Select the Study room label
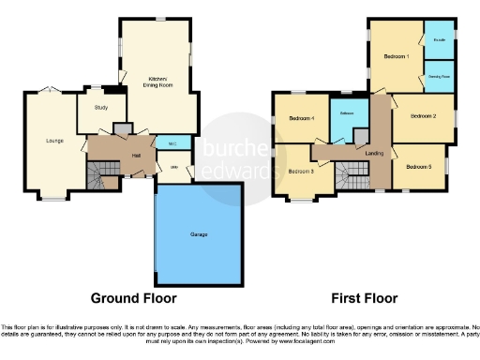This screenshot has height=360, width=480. (x=101, y=106)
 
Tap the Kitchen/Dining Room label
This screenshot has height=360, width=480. (x=157, y=82)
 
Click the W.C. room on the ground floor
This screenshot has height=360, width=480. (x=172, y=143)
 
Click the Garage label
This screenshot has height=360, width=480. (x=200, y=232)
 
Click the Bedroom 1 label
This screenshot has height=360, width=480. (x=396, y=57)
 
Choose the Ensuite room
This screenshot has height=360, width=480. (x=439, y=40)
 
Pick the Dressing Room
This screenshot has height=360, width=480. (x=439, y=75)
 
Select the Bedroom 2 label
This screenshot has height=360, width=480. (x=423, y=116)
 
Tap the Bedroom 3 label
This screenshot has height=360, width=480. (x=300, y=171)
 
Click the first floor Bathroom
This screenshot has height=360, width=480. (x=346, y=113)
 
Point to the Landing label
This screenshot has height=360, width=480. (x=373, y=153)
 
